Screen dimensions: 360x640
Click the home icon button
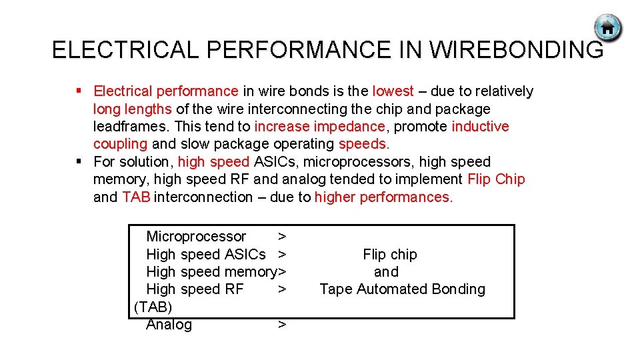607,29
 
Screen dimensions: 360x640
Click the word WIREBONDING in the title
517,50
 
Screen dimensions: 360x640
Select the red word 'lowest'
393,91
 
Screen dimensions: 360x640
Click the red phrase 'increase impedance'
319,127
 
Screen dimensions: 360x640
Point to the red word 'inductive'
480,127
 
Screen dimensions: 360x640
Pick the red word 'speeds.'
364,144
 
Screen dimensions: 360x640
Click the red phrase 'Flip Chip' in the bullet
496,179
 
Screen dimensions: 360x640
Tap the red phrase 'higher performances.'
383,197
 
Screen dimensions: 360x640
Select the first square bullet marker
79,91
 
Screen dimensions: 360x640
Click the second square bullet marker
79,161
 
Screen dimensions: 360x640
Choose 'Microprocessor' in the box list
196,237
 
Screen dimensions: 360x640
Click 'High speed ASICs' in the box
205,255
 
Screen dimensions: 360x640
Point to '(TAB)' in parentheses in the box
153,307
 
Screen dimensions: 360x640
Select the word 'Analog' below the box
169,325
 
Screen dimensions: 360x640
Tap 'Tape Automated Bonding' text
402,289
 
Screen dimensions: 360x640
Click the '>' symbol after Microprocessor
282,237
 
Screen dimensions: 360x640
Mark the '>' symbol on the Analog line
282,325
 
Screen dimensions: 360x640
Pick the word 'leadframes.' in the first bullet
131,127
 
